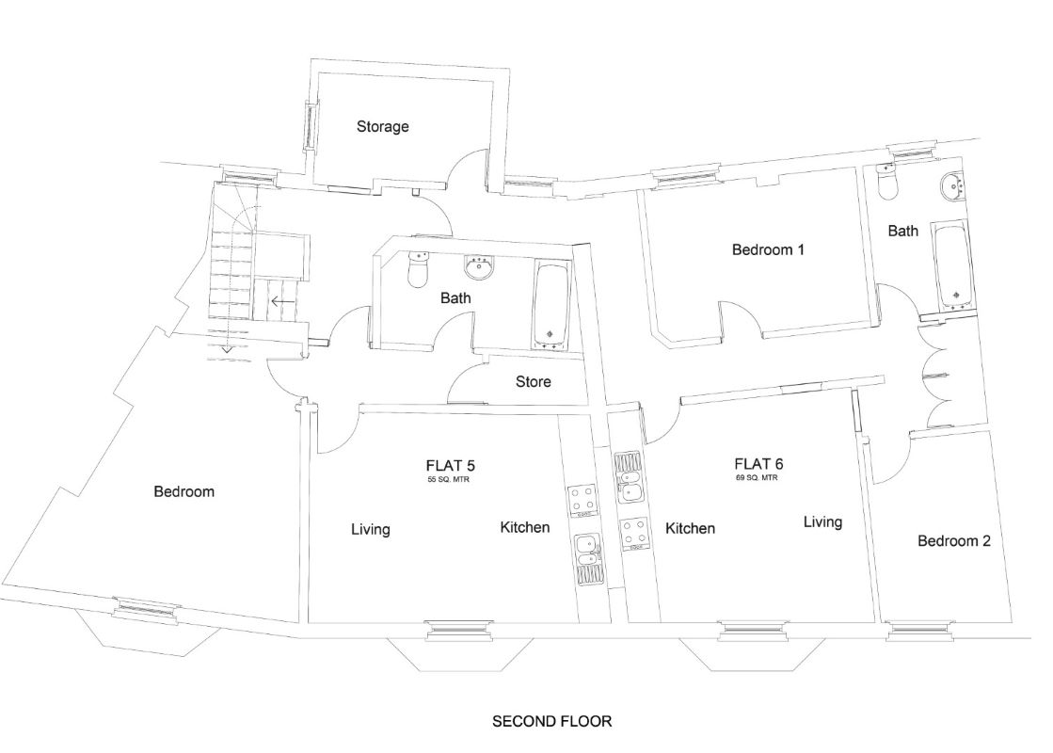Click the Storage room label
pos(382,126)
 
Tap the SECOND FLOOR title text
pos(552,722)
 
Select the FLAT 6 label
pos(758,463)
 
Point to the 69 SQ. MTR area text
pos(758,478)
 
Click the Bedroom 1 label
pos(768,250)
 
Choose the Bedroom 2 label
pos(953,541)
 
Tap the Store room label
pos(533,382)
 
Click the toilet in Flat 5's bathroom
pos(417,273)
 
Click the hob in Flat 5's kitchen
pos(583,501)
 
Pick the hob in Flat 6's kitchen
pos(632,533)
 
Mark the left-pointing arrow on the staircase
pos(279,302)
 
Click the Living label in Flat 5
pos(370,530)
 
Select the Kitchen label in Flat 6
pos(690,529)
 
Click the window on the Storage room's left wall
pos(307,125)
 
